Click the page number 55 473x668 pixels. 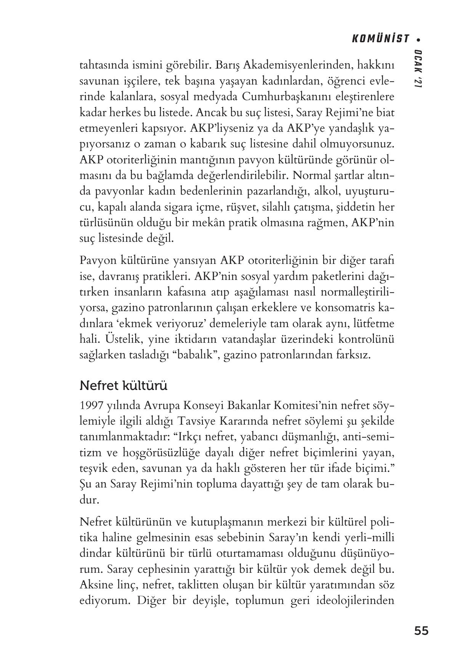(421, 631)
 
